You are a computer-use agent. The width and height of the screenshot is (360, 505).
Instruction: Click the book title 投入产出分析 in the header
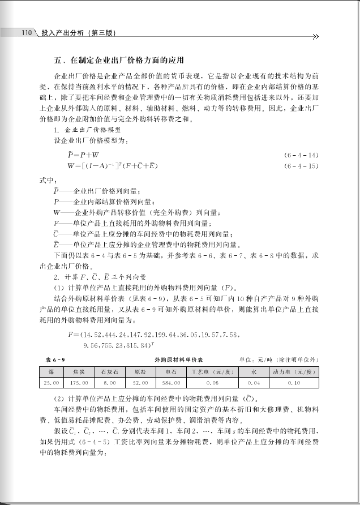(x=62, y=33)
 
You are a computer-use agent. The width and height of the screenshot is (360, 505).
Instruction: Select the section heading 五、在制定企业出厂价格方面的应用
(x=113, y=60)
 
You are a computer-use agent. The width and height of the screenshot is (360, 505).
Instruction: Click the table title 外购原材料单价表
(x=178, y=359)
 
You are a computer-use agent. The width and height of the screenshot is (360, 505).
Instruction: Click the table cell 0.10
(x=294, y=383)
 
